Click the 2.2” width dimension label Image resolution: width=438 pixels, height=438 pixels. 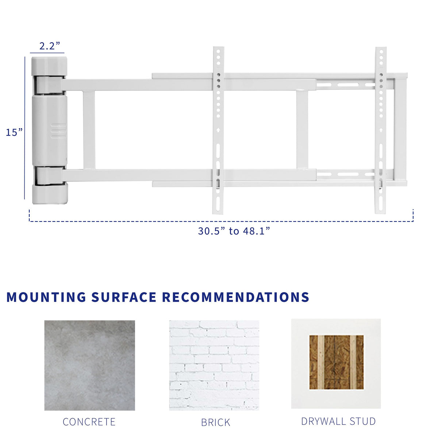point(50,46)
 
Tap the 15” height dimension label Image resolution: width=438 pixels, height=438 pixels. point(14,132)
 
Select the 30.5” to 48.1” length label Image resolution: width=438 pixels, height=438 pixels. point(234,231)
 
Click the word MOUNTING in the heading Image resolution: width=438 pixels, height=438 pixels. point(46,297)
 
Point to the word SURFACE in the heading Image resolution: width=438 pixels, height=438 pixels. point(124,297)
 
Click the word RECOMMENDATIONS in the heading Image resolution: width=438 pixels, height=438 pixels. point(235,297)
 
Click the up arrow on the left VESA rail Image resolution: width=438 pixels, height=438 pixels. point(218,130)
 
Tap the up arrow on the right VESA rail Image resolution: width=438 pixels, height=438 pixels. point(381,130)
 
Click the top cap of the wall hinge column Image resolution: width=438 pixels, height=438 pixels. point(49,66)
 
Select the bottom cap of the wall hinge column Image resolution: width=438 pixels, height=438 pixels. point(50,194)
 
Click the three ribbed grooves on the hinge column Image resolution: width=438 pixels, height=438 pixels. point(58,131)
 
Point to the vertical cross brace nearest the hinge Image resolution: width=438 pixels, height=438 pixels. point(89,130)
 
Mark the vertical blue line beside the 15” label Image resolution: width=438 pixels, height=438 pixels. point(24,128)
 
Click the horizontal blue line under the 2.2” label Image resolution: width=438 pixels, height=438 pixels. point(47,53)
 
